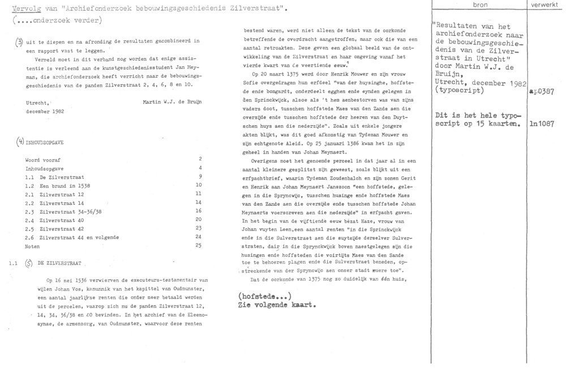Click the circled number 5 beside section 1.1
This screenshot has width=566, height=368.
(x=28, y=263)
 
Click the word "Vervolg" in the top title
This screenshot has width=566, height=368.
(x=23, y=9)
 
